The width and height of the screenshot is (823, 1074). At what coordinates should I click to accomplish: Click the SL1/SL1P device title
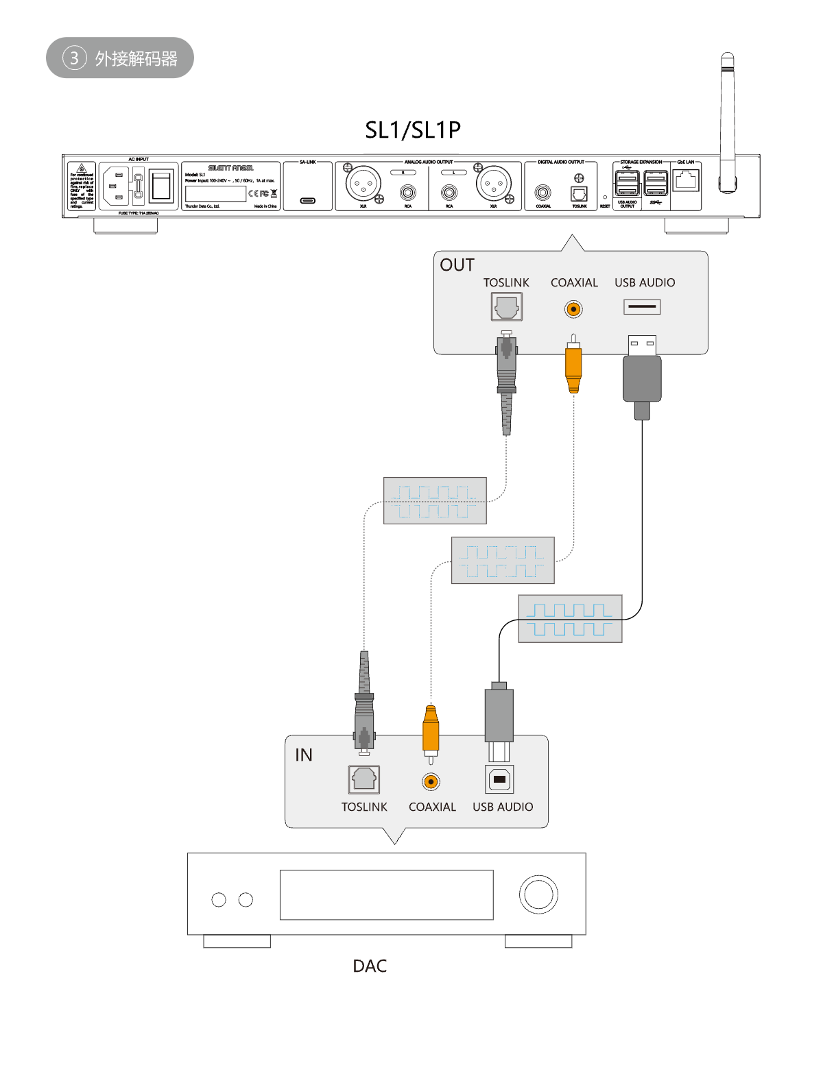point(412,130)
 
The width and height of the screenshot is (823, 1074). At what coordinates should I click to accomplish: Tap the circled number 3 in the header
point(75,58)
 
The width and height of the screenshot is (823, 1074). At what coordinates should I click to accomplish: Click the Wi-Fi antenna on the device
point(727,123)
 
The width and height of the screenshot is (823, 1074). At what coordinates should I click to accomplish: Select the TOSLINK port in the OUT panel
point(507,307)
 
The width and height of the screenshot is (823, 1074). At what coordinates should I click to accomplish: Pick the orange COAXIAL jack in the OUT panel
point(573,309)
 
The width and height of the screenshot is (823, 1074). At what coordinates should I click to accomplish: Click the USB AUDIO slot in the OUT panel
point(642,306)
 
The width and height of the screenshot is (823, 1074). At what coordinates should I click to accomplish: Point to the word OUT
point(457,265)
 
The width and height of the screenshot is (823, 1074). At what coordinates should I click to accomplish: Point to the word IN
point(304,755)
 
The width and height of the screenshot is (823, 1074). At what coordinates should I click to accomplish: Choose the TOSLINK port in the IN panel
point(363,779)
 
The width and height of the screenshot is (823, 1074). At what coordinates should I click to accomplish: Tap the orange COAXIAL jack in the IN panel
point(431,781)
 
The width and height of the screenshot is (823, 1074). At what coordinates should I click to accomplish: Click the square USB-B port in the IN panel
point(500,779)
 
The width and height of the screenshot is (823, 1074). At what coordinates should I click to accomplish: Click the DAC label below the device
point(370,966)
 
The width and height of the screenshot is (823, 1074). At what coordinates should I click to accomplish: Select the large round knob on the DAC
point(538,894)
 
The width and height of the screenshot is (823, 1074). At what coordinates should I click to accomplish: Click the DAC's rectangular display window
point(386,894)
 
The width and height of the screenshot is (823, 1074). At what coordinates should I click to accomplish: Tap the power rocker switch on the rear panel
point(161,186)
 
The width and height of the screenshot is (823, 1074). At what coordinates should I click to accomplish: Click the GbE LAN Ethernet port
point(686,181)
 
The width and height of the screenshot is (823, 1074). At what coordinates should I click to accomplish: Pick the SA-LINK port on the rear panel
point(308,201)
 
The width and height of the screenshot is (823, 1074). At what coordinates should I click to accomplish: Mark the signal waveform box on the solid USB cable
point(570,618)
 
